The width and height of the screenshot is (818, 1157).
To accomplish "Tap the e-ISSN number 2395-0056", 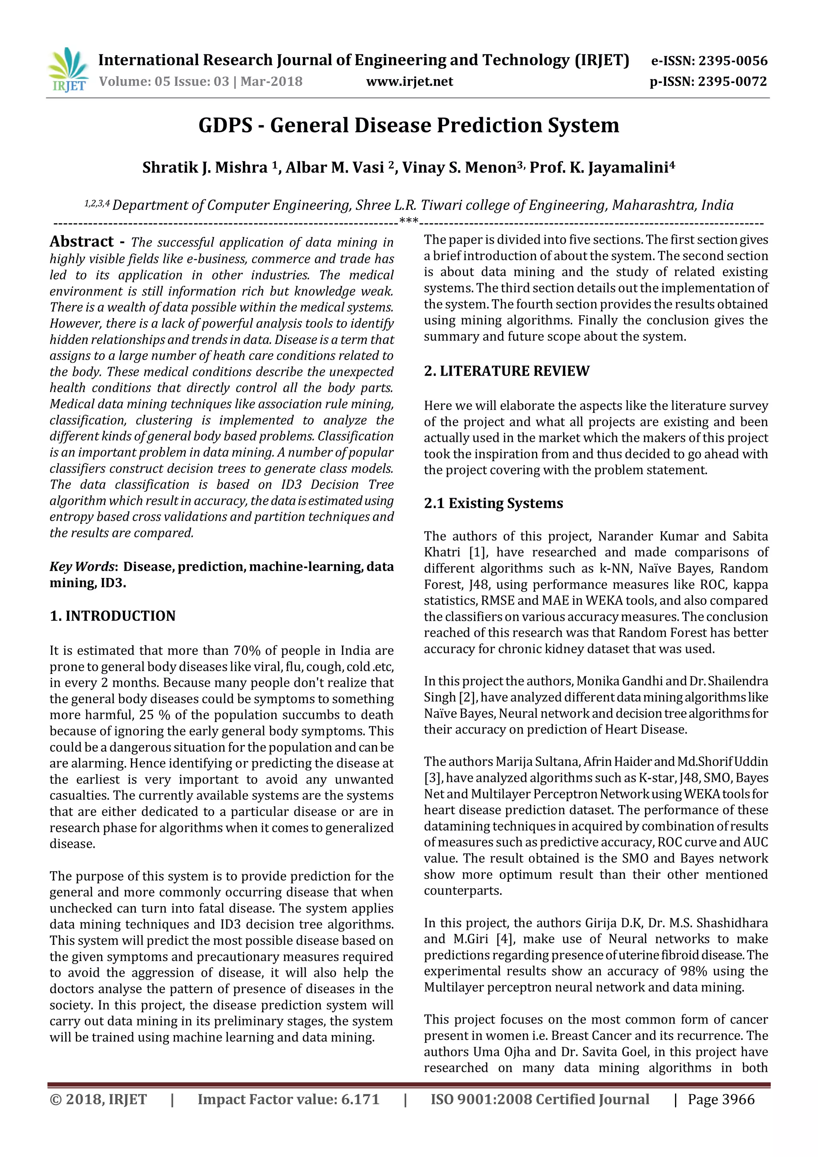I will (x=733, y=61).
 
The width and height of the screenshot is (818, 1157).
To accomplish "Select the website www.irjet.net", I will (x=409, y=82).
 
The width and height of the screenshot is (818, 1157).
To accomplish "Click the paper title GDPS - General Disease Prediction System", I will (x=409, y=125).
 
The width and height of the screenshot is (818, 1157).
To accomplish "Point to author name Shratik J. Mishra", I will (x=204, y=167).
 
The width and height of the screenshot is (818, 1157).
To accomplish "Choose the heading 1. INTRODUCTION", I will (x=112, y=616).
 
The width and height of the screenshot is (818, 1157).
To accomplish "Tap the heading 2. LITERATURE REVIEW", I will (x=506, y=371).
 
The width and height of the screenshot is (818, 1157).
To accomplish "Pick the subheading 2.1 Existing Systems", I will (x=493, y=503).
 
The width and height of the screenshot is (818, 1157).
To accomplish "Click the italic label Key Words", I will (x=82, y=567).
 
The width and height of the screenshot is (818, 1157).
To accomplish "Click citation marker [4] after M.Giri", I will (x=505, y=939).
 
